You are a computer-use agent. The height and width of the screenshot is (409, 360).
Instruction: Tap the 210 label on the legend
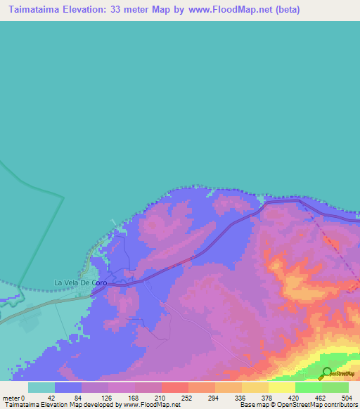161,397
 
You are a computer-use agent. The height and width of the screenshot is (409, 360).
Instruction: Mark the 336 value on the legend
241,397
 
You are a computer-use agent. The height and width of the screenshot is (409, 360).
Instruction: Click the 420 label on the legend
295,397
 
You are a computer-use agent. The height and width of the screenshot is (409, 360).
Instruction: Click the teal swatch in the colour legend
41,387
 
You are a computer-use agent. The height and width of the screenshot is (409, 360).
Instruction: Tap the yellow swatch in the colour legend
281,387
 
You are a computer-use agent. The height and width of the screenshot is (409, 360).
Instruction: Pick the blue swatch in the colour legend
68,387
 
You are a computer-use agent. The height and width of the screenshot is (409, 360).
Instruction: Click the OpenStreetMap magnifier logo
327,373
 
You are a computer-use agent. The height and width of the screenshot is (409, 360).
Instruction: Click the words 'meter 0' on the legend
13,397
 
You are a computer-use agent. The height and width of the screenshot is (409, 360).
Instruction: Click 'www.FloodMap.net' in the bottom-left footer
150,405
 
